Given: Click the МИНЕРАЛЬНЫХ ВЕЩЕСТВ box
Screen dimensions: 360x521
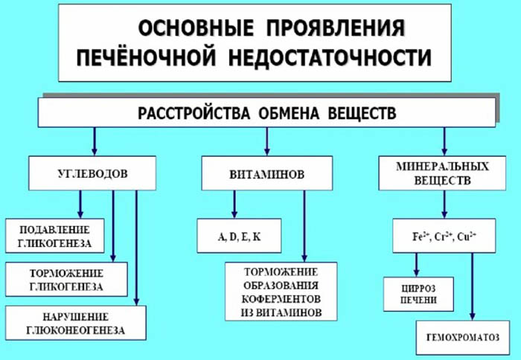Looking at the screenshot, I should (444, 173).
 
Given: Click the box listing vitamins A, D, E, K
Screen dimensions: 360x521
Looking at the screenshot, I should (239, 237).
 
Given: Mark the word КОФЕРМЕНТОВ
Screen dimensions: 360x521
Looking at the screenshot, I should (281, 301).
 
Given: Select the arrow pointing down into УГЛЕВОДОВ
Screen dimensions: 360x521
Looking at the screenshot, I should (94, 141).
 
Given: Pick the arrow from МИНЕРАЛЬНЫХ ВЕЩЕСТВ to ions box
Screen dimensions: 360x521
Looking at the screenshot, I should (444, 205).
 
